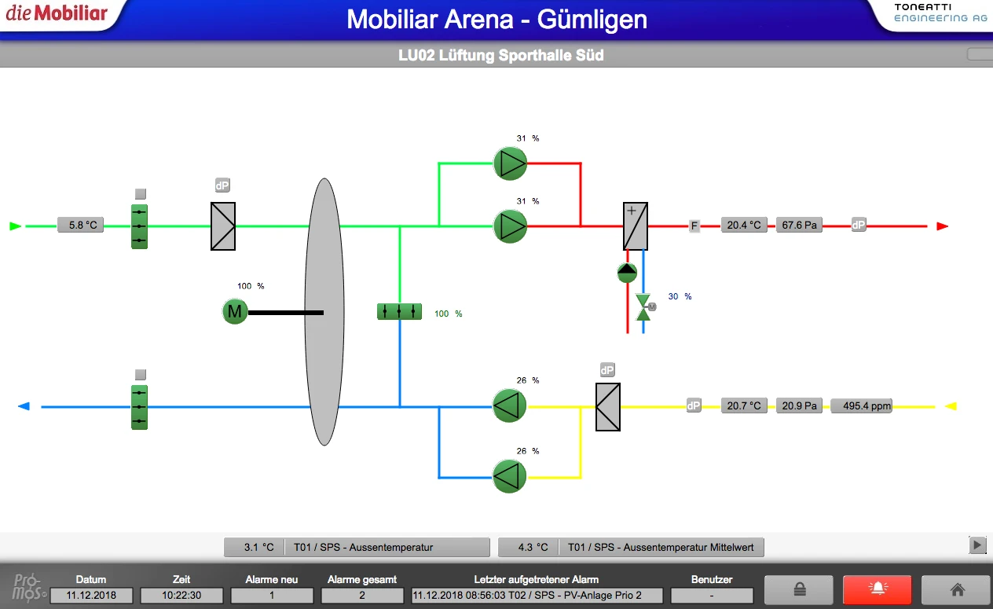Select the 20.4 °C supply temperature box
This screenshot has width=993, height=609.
(x=744, y=226)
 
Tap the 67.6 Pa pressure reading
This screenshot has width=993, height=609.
(x=799, y=226)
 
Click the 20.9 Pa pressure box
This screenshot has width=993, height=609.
(x=799, y=406)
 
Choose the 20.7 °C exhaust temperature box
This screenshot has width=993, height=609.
(x=744, y=406)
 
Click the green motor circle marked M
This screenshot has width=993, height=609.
(x=234, y=312)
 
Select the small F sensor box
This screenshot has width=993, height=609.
(x=694, y=226)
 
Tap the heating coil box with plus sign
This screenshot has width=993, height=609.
(x=635, y=226)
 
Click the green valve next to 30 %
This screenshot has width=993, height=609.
(x=643, y=307)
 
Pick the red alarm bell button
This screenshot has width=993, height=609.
(x=877, y=589)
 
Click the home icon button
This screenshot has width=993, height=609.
(x=956, y=589)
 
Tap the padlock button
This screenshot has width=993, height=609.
(x=798, y=589)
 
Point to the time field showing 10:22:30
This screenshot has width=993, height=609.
(x=181, y=596)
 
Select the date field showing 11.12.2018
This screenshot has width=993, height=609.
(x=91, y=596)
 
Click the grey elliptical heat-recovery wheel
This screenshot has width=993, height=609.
(x=324, y=312)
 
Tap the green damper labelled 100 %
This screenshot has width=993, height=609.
(x=399, y=312)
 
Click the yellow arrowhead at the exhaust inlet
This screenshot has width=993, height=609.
(x=950, y=406)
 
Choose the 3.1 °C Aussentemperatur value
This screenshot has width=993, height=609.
(x=258, y=547)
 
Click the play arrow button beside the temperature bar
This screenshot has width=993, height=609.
(x=977, y=545)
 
